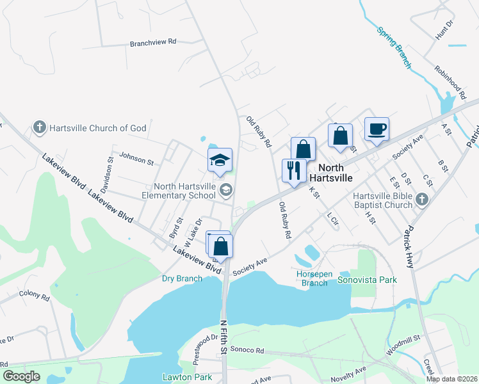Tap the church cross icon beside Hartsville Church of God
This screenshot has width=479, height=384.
point(40,127)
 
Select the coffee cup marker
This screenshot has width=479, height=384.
point(377,129)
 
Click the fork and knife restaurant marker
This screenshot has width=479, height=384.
point(294,170)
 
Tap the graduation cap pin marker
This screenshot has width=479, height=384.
point(220,160)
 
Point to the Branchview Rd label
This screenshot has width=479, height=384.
point(152,42)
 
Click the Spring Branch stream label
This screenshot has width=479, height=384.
point(393,47)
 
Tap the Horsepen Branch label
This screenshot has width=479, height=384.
point(314,278)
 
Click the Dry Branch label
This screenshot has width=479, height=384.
point(182,278)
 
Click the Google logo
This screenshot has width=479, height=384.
point(21,376)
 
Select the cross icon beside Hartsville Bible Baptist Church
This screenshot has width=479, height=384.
point(421,200)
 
